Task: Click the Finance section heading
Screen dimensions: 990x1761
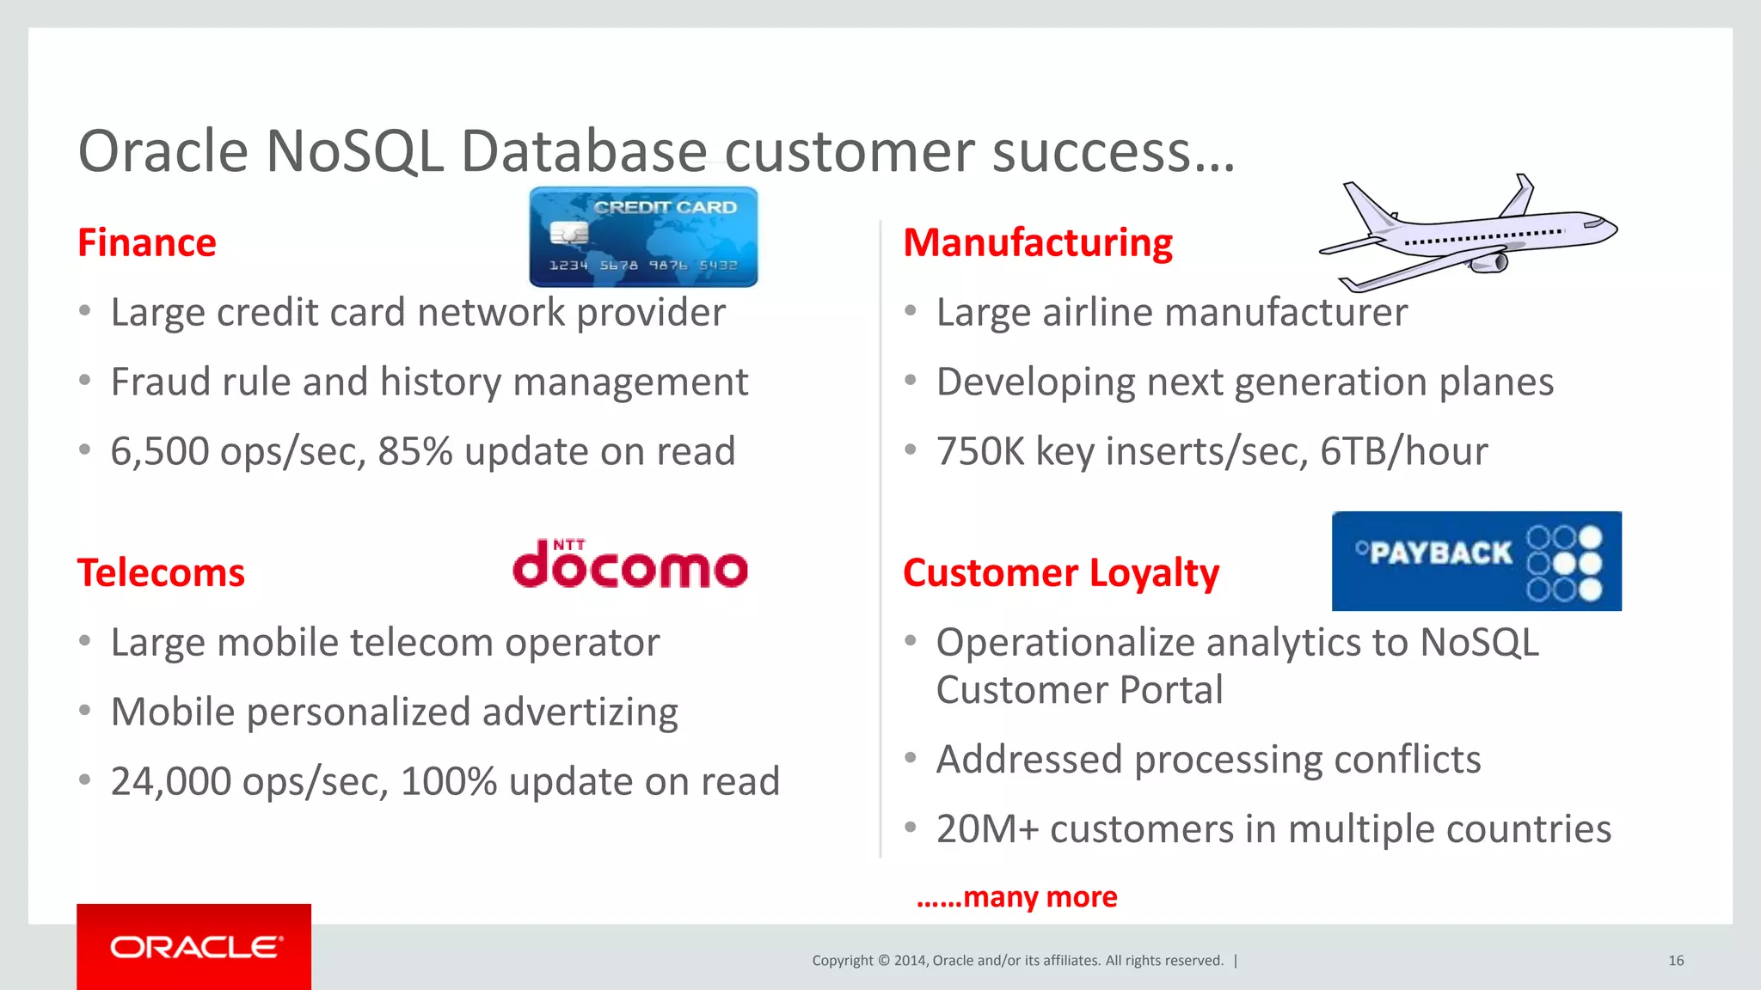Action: point(146,243)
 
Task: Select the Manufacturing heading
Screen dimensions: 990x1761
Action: point(1037,243)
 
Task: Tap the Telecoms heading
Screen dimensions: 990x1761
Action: point(161,573)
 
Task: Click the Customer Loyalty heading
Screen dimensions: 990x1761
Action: point(1060,573)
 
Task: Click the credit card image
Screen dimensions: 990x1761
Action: point(643,236)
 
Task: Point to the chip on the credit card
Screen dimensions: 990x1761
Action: point(568,233)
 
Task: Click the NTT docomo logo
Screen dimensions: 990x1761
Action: point(629,565)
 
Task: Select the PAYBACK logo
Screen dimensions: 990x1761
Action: point(1476,561)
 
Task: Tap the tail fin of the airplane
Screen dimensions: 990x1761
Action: point(1367,206)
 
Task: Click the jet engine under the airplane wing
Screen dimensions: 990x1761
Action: point(1491,261)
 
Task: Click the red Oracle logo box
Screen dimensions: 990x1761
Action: point(193,946)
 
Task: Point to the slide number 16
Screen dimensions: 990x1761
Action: point(1675,961)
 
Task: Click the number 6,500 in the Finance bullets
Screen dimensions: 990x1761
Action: point(159,452)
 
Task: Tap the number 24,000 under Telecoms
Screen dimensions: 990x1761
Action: point(170,782)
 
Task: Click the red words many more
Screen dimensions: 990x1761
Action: point(1040,897)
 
